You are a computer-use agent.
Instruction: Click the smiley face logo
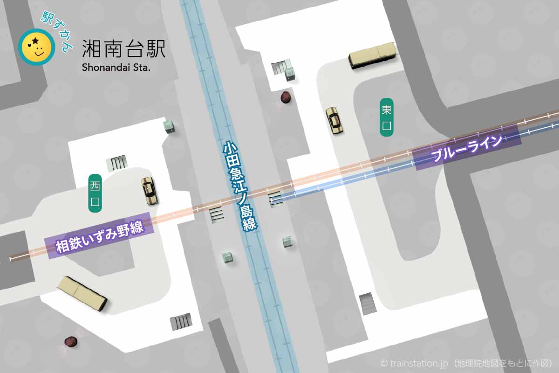tap(36, 47)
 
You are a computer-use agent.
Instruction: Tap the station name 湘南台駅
tap(123, 48)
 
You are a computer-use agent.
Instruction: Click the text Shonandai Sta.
tap(116, 67)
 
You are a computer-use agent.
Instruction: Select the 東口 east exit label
tap(386, 117)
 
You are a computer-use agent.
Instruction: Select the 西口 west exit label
tap(95, 193)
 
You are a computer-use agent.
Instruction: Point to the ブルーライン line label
tap(467, 147)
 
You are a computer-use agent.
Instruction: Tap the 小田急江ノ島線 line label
tap(240, 186)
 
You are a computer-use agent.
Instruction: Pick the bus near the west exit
tap(82, 294)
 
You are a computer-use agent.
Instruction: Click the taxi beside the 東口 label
tap(333, 121)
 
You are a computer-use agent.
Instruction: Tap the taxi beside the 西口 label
tap(149, 191)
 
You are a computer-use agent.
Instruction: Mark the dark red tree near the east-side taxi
tap(285, 97)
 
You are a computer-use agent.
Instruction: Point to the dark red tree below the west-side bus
tap(71, 341)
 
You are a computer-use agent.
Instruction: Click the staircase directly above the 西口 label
tap(117, 163)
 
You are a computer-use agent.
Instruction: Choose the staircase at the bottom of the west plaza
tap(181, 321)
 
